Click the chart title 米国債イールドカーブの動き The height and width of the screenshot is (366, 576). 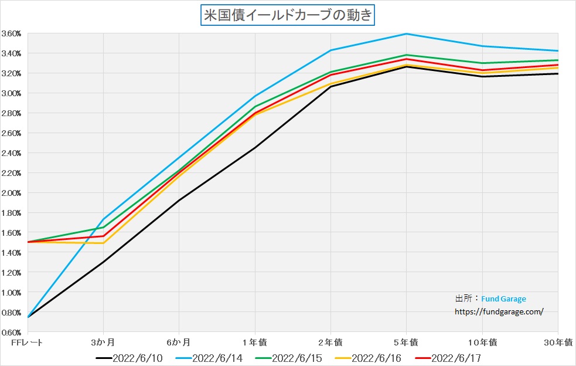coord(287,15)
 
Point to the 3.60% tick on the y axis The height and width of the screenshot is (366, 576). coord(12,33)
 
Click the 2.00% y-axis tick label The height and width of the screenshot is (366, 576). coord(12,193)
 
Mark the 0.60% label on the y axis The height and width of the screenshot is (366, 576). coord(12,333)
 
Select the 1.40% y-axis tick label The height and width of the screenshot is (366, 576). coord(12,253)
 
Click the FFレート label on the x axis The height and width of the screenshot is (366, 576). coord(27,341)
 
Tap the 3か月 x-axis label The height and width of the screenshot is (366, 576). coord(103,341)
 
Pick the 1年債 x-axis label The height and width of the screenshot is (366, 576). coord(255,341)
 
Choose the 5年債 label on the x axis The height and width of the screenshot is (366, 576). coord(406,341)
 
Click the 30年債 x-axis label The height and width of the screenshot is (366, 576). coord(557,341)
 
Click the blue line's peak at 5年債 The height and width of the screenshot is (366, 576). coord(406,34)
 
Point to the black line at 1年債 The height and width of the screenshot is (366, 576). coord(255,147)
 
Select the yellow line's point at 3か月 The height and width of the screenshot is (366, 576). coord(103,243)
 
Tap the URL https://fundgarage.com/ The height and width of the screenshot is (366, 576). coord(499,312)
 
